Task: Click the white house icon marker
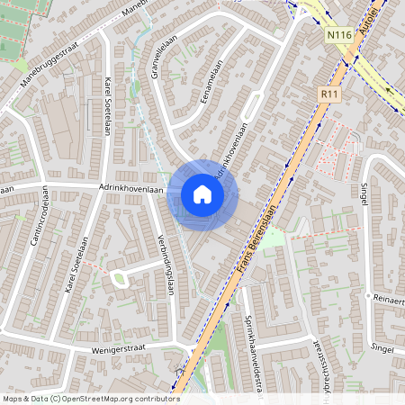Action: tap(202, 194)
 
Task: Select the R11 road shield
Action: tap(328, 93)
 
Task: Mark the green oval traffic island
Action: tap(118, 279)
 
